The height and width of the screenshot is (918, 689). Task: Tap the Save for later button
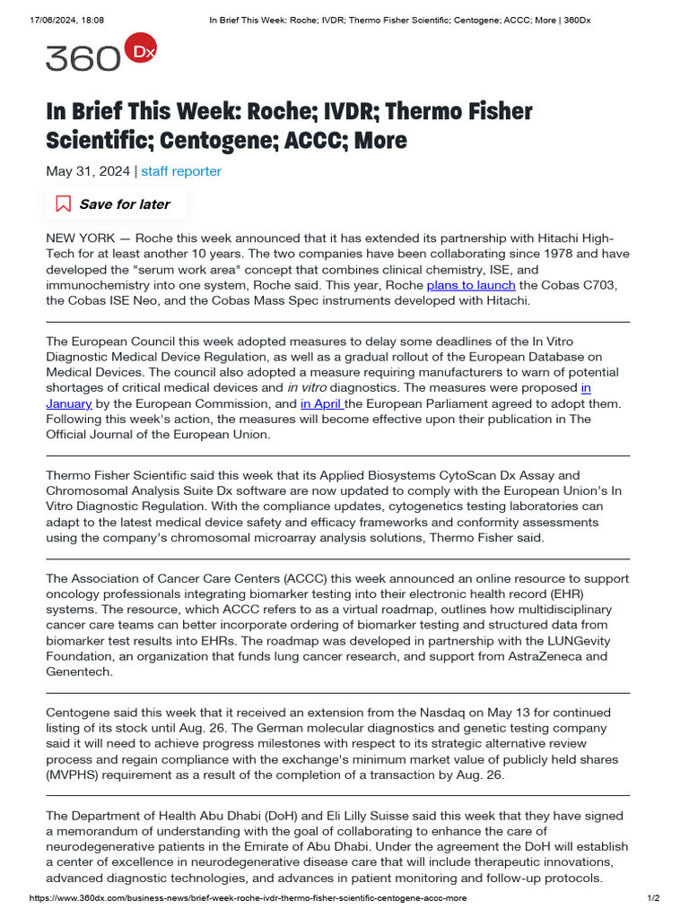116,204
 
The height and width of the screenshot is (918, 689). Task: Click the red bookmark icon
64,204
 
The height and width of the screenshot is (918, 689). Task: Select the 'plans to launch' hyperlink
471,285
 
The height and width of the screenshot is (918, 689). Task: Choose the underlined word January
69,403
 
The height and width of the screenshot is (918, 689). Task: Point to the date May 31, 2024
88,170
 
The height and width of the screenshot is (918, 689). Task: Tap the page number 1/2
654,898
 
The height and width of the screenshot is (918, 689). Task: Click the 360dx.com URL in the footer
248,898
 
